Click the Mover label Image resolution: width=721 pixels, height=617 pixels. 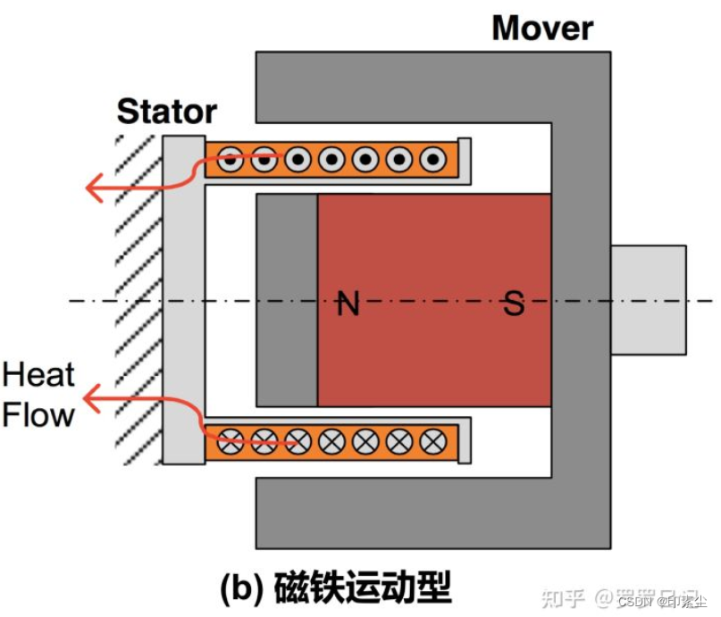tap(541, 28)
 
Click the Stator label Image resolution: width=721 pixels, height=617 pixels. tap(167, 112)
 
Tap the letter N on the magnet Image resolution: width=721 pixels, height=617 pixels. tap(348, 304)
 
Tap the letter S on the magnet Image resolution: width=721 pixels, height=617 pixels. tap(514, 304)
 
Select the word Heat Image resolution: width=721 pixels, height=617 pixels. tap(38, 375)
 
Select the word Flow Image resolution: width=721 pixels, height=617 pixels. tap(38, 414)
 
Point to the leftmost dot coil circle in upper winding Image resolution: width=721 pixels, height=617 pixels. tap(231, 161)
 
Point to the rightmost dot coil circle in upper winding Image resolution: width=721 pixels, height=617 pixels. tap(433, 161)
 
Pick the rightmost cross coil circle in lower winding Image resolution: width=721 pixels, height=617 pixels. tap(433, 440)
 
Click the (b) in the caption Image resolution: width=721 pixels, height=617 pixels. tap(242, 588)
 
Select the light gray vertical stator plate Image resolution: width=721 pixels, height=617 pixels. tap(183, 299)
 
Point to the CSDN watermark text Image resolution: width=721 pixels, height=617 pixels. tap(635, 601)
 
